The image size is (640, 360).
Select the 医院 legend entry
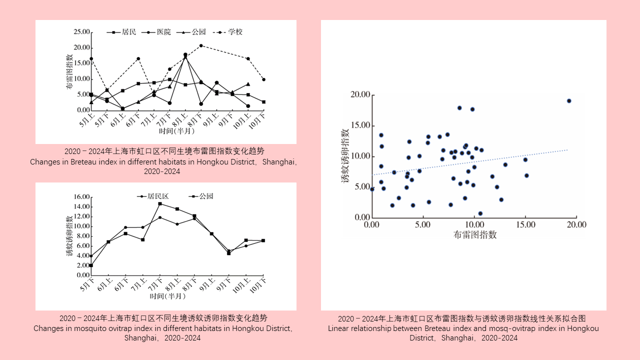[163, 32]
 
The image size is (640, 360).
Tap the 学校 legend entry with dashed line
[235, 32]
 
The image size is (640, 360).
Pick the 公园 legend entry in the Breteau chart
[198, 32]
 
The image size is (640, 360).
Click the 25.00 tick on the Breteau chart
[81, 32]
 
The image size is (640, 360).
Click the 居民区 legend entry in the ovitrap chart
[157, 196]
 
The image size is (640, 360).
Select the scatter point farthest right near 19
[569, 101]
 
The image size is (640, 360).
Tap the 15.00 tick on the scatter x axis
[525, 225]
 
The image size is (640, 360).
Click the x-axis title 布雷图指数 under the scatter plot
[475, 234]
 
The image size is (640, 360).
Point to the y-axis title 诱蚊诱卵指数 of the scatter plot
[345, 156]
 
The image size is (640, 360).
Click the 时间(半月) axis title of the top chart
[176, 131]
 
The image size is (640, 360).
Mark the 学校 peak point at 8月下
[201, 45]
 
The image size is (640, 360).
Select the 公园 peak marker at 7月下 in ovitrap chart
[160, 203]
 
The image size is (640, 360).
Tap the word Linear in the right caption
[339, 328]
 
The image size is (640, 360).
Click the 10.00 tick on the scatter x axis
[474, 225]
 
